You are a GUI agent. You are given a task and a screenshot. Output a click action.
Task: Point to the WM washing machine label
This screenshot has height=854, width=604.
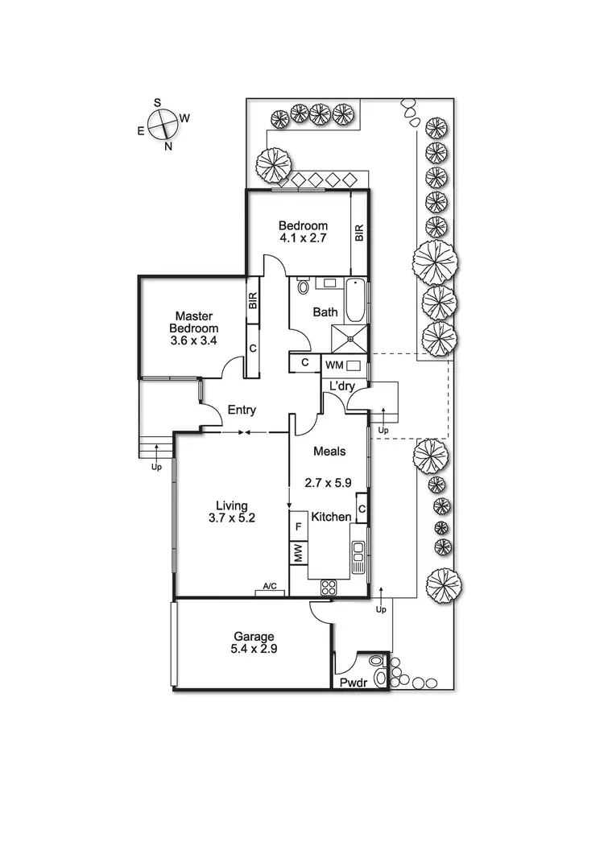tap(333, 365)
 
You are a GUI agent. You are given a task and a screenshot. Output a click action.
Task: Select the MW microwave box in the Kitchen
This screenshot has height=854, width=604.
tap(298, 554)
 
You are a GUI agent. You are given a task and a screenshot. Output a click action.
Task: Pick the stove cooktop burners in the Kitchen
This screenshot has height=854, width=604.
tap(329, 588)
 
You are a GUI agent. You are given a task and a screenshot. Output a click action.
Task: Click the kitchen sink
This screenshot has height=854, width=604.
tap(358, 552)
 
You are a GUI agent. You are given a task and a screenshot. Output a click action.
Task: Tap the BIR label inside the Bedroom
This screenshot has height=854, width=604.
tap(359, 233)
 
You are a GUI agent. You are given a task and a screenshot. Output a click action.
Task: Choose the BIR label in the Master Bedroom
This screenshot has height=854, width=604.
tap(252, 303)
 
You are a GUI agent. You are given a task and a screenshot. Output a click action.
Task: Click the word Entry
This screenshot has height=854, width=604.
tap(242, 410)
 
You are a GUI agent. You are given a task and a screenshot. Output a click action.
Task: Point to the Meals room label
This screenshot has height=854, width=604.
tap(329, 452)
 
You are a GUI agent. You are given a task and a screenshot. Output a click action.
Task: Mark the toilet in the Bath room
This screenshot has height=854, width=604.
tap(303, 287)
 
